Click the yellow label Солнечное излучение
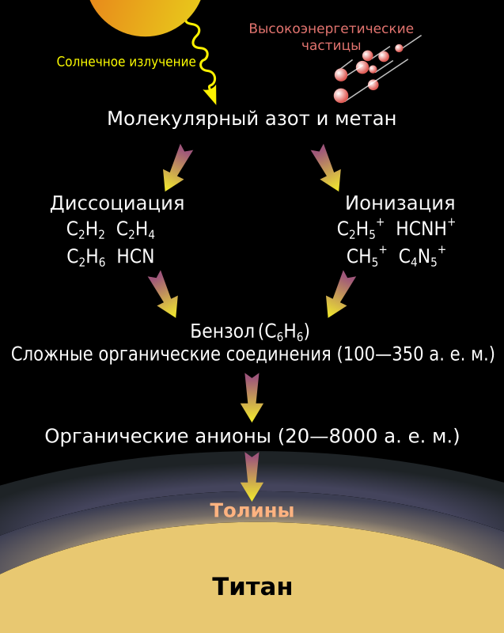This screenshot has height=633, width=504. [126, 62]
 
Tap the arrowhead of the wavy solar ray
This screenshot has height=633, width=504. [211, 95]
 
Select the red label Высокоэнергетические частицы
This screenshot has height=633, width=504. [331, 36]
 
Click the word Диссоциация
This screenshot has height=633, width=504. [117, 203]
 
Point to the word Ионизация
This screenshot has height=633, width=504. [400, 203]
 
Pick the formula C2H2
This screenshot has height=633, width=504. [85, 230]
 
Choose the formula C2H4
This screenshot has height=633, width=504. [135, 230]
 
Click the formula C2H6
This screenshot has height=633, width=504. [86, 257]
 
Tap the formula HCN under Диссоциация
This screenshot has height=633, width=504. [135, 256]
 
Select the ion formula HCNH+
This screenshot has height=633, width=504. [426, 228]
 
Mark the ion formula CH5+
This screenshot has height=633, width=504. [367, 256]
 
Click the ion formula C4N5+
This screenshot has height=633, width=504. [422, 256]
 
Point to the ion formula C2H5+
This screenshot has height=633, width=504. [360, 229]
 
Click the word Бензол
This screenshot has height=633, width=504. [222, 332]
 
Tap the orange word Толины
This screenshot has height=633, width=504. [252, 510]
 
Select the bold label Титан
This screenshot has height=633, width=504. [252, 586]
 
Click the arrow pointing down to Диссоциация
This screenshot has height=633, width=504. [177, 168]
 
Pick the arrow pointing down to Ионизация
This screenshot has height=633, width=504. [326, 168]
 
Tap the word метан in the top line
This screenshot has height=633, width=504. [366, 119]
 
